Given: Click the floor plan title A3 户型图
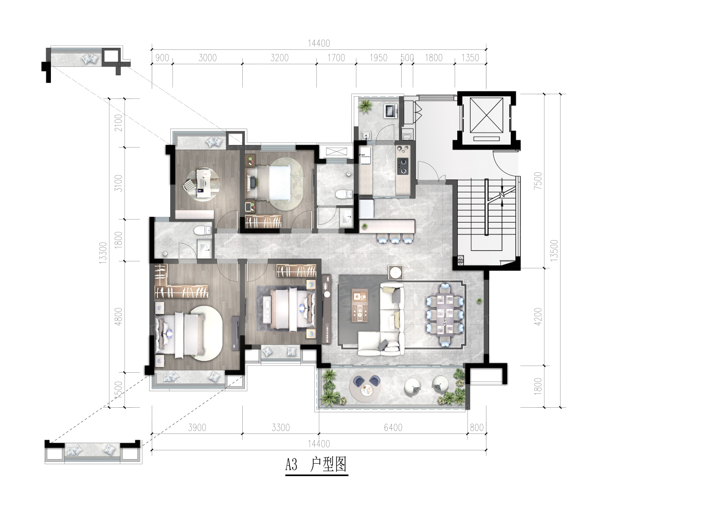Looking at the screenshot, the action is [x=316, y=465].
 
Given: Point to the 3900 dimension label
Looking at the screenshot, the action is [x=196, y=428].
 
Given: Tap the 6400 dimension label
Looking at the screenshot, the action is [x=393, y=428].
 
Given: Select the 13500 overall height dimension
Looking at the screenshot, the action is [x=554, y=250].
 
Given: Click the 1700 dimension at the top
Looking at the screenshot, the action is [x=336, y=58].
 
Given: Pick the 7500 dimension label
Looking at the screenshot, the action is [x=538, y=180].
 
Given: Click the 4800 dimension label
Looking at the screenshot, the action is [x=118, y=317].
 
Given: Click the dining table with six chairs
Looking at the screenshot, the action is [x=445, y=315].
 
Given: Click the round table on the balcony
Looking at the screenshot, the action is [x=366, y=390].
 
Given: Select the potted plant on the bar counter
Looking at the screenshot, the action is [x=364, y=227].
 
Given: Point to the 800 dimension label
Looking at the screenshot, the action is [x=476, y=428].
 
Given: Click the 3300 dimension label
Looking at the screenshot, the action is [x=280, y=428].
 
